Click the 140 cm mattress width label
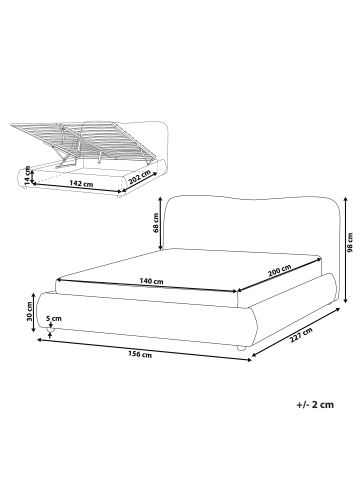(152, 281)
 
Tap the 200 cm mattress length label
(280, 271)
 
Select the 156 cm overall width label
(140, 355)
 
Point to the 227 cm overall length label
(301, 335)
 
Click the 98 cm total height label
(350, 243)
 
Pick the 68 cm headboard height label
(156, 223)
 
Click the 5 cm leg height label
(54, 318)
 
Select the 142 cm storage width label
(81, 183)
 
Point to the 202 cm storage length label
(139, 179)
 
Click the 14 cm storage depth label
(27, 175)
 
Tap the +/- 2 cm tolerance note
(315, 405)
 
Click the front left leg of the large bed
(51, 330)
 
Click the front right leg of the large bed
(241, 348)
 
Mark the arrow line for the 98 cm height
(346, 250)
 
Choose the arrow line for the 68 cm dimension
(161, 223)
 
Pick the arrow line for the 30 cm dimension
(33, 312)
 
